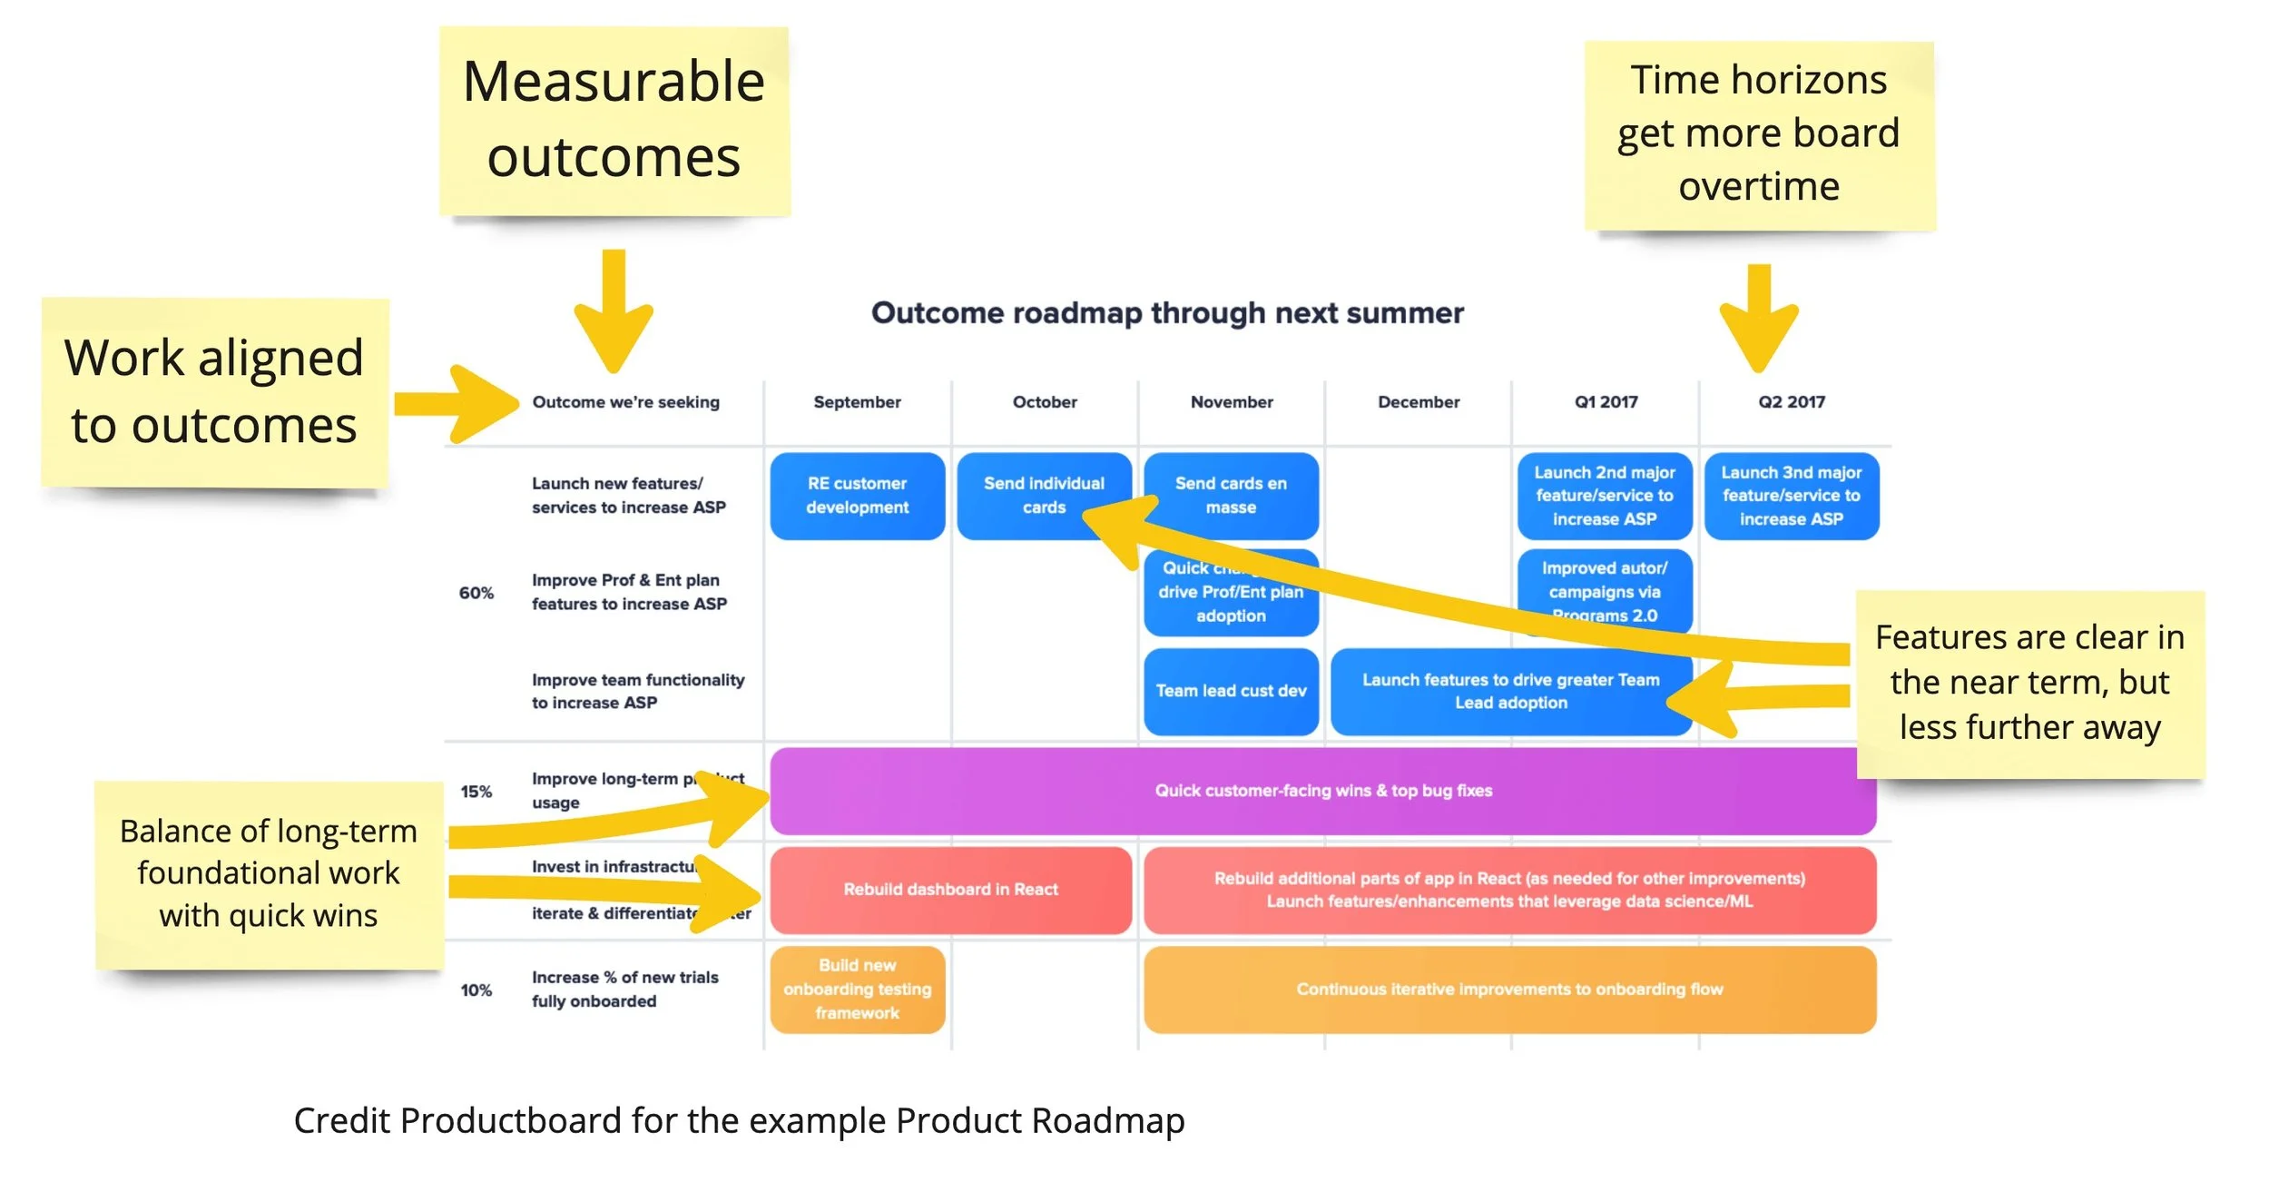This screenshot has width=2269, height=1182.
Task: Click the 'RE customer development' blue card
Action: (857, 496)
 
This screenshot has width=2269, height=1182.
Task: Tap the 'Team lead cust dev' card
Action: (1231, 691)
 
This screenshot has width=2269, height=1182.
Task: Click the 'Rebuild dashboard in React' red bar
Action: (950, 890)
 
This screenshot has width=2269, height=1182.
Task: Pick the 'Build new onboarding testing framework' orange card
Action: (857, 990)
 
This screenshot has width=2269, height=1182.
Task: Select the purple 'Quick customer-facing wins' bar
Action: (1322, 791)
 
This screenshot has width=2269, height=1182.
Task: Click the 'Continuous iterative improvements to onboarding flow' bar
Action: (1508, 990)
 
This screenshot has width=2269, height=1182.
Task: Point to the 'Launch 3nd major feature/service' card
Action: (1791, 496)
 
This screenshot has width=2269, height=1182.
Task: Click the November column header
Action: (1231, 402)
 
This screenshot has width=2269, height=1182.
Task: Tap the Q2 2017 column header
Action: (1791, 402)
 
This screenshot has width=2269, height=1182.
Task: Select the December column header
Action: (1418, 402)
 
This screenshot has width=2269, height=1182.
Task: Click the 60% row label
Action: (476, 594)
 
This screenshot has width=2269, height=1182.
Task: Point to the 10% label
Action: (476, 990)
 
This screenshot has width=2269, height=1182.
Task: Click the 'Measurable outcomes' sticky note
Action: (614, 121)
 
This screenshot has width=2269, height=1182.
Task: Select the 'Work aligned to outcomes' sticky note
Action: (214, 392)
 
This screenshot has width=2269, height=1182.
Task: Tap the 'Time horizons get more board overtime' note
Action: (1758, 134)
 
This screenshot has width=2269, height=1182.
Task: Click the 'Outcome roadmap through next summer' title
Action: (1167, 313)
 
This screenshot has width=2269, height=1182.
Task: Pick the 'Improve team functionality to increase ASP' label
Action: (637, 692)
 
